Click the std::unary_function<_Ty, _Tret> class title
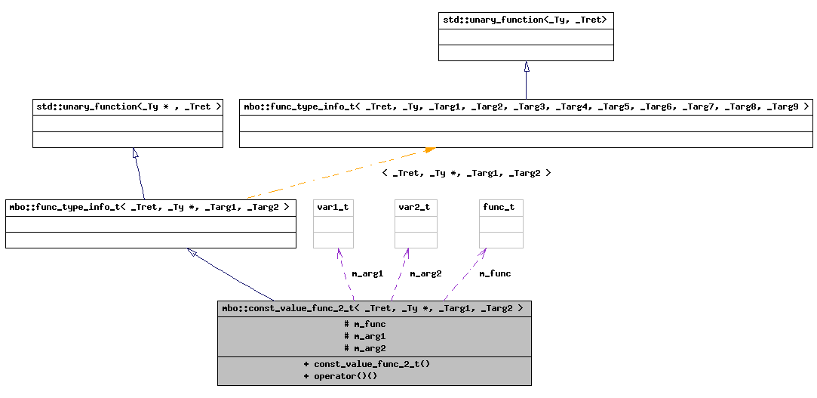(x=525, y=20)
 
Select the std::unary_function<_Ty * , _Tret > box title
(x=127, y=106)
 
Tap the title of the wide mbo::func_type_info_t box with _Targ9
(x=526, y=106)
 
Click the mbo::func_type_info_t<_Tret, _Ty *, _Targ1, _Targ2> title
(x=150, y=207)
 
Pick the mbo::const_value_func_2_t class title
(x=373, y=308)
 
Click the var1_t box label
(x=333, y=207)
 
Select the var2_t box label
(x=415, y=207)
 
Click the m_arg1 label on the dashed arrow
(x=367, y=273)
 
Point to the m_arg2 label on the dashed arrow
(x=425, y=273)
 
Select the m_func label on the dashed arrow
(x=495, y=273)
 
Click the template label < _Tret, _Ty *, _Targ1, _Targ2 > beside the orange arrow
(x=466, y=173)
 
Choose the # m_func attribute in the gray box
(x=365, y=324)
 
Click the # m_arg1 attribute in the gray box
(x=365, y=336)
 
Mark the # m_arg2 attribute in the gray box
(x=365, y=348)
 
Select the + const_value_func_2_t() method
(x=367, y=364)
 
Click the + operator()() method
(x=340, y=376)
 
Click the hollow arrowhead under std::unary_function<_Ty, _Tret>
(x=526, y=66)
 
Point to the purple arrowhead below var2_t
(x=407, y=253)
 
